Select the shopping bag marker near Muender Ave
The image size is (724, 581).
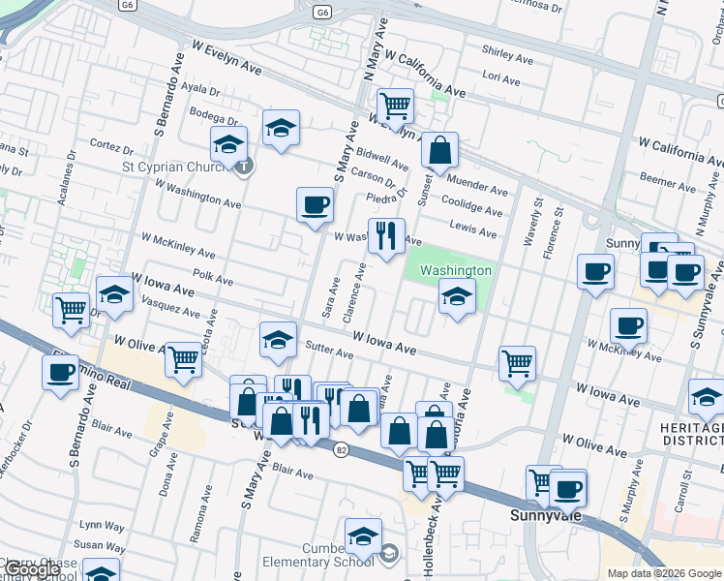[x=439, y=150]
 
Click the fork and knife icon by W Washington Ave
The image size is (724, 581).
[x=386, y=235]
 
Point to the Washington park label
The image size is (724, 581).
[x=455, y=270]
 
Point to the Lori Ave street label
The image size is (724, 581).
[x=501, y=76]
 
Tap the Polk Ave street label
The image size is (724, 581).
[x=213, y=279]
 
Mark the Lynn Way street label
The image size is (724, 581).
[x=103, y=526]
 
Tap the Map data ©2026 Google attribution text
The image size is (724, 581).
[x=664, y=573]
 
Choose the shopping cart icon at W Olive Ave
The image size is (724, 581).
[x=182, y=359]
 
